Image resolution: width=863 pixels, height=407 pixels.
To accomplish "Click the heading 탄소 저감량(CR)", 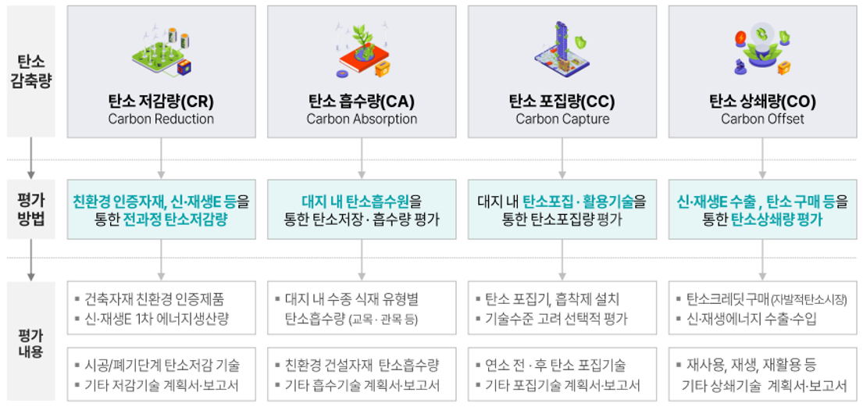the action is point(161,102).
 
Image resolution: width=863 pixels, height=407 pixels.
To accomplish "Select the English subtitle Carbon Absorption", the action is point(362,119).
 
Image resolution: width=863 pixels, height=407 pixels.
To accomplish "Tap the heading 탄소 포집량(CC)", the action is point(562,102).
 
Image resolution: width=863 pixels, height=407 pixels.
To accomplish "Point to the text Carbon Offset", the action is point(762,119).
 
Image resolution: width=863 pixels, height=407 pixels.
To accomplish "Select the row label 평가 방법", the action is point(31,209).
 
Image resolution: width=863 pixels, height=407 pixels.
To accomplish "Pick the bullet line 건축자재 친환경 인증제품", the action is point(154,300).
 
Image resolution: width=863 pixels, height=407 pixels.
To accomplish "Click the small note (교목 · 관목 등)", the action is point(383,320).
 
